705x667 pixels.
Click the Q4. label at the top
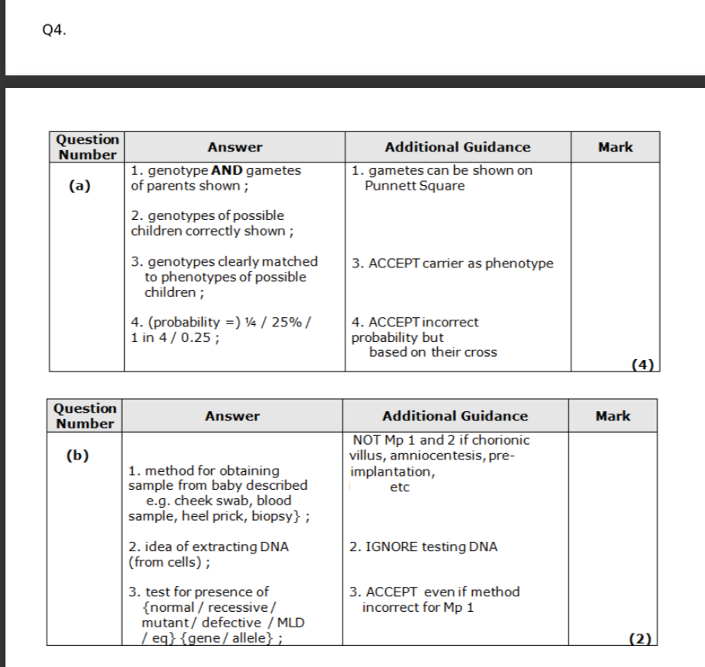[x=55, y=31]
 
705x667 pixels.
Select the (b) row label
[x=76, y=455]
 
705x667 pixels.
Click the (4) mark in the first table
[x=644, y=364]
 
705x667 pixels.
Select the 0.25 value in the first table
[x=198, y=337]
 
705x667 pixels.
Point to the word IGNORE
[x=390, y=547]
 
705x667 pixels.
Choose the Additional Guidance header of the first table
[x=457, y=147]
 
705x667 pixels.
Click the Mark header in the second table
[x=613, y=416]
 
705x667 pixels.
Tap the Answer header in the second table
[x=232, y=416]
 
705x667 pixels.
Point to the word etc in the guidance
[x=400, y=487]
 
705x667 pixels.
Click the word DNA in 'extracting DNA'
[x=273, y=547]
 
